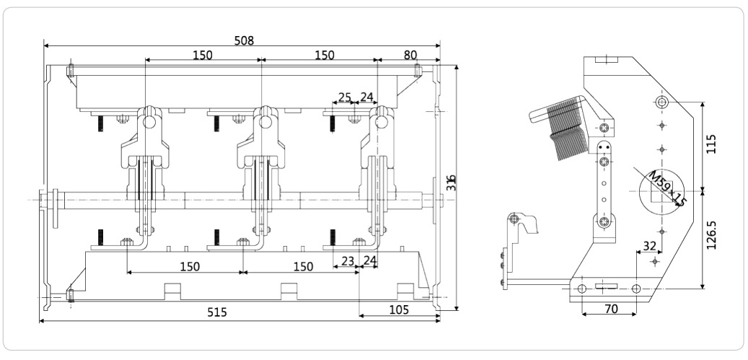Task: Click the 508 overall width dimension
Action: pos(244,40)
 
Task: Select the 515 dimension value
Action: pos(216,312)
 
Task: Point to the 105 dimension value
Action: pos(398,309)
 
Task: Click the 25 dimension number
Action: pos(345,97)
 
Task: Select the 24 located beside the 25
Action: pos(366,97)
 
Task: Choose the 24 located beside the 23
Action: pos(370,261)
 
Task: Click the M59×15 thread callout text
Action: pos(664,189)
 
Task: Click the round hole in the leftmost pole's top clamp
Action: pos(149,122)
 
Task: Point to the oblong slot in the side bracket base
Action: pos(604,289)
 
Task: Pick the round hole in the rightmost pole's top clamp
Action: pos(380,122)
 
